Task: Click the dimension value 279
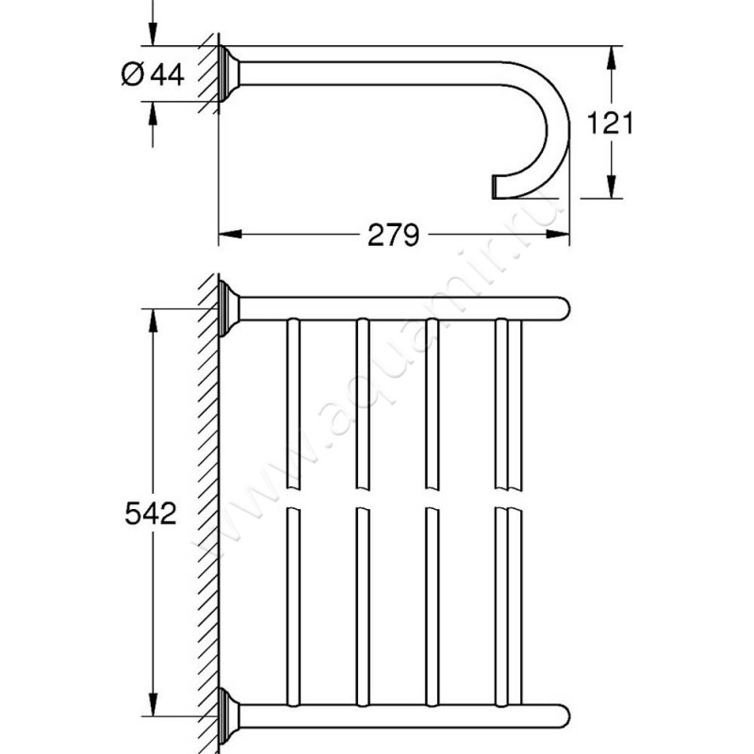click(393, 235)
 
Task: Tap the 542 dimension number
click(150, 514)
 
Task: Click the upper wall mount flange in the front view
click(229, 307)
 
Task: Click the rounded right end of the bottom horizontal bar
click(560, 713)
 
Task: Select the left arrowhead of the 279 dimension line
click(228, 235)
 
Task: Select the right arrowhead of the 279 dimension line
click(562, 235)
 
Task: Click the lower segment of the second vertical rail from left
click(362, 603)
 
